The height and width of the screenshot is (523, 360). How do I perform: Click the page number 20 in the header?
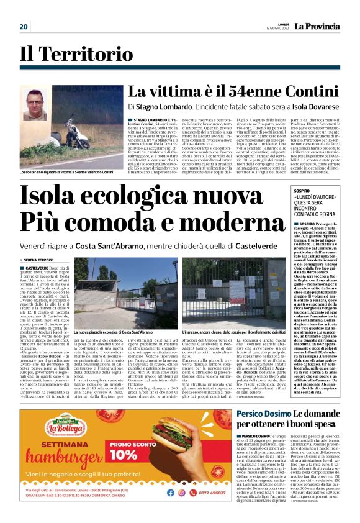point(24,26)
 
